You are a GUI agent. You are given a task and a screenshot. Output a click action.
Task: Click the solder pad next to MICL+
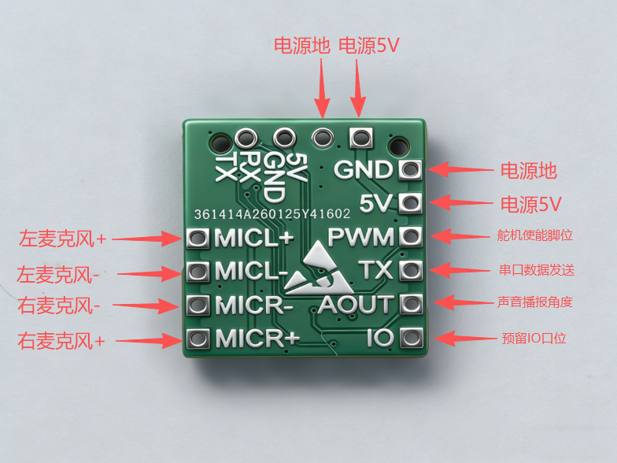click(198, 237)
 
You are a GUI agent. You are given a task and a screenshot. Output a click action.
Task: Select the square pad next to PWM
click(409, 236)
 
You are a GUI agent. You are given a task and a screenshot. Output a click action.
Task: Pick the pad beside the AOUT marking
click(409, 304)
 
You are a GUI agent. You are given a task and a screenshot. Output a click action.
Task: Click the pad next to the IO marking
click(409, 339)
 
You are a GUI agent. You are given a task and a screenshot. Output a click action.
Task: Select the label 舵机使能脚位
click(535, 235)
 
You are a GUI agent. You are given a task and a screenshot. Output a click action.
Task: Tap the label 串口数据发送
click(535, 269)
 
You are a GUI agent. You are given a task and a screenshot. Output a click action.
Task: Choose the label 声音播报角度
click(535, 302)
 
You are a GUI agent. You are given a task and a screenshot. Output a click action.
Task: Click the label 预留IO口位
click(534, 339)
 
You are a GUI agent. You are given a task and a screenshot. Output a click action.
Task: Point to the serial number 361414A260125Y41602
click(272, 214)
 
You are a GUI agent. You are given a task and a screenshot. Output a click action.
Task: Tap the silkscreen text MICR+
click(258, 339)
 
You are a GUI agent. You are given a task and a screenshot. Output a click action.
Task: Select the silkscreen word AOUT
click(355, 304)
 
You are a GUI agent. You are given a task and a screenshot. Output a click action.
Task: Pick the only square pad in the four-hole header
click(360, 138)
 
